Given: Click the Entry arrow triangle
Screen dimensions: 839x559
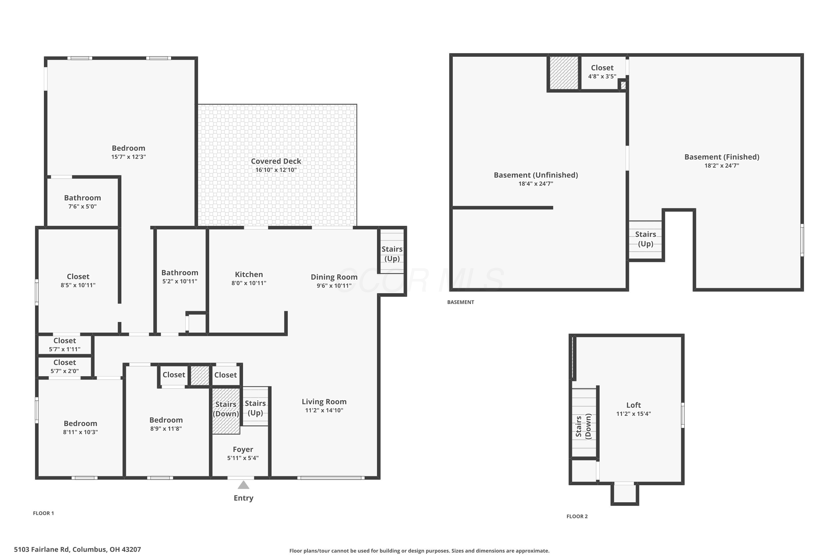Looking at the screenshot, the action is pos(243,485).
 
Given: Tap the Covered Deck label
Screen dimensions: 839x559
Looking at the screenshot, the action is pos(276,161).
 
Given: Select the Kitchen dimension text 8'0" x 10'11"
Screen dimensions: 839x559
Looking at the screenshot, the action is pos(249,283).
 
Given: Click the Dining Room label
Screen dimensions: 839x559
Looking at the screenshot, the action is pos(334,277).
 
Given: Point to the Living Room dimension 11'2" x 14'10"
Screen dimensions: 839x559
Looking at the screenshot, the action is pos(324,410).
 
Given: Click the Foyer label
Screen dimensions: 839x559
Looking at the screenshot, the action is pos(243,449).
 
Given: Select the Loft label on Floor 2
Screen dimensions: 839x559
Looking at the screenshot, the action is pos(633,405).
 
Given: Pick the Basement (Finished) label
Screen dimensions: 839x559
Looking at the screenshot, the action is pos(722,157).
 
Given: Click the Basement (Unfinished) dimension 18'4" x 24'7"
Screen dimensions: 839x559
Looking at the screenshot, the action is pos(536,184).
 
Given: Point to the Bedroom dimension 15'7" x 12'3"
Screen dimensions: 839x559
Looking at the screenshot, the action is pos(128,157).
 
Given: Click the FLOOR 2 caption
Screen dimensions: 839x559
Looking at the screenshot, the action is pos(577,516).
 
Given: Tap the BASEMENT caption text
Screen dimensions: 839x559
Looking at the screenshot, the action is pos(461,302).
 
